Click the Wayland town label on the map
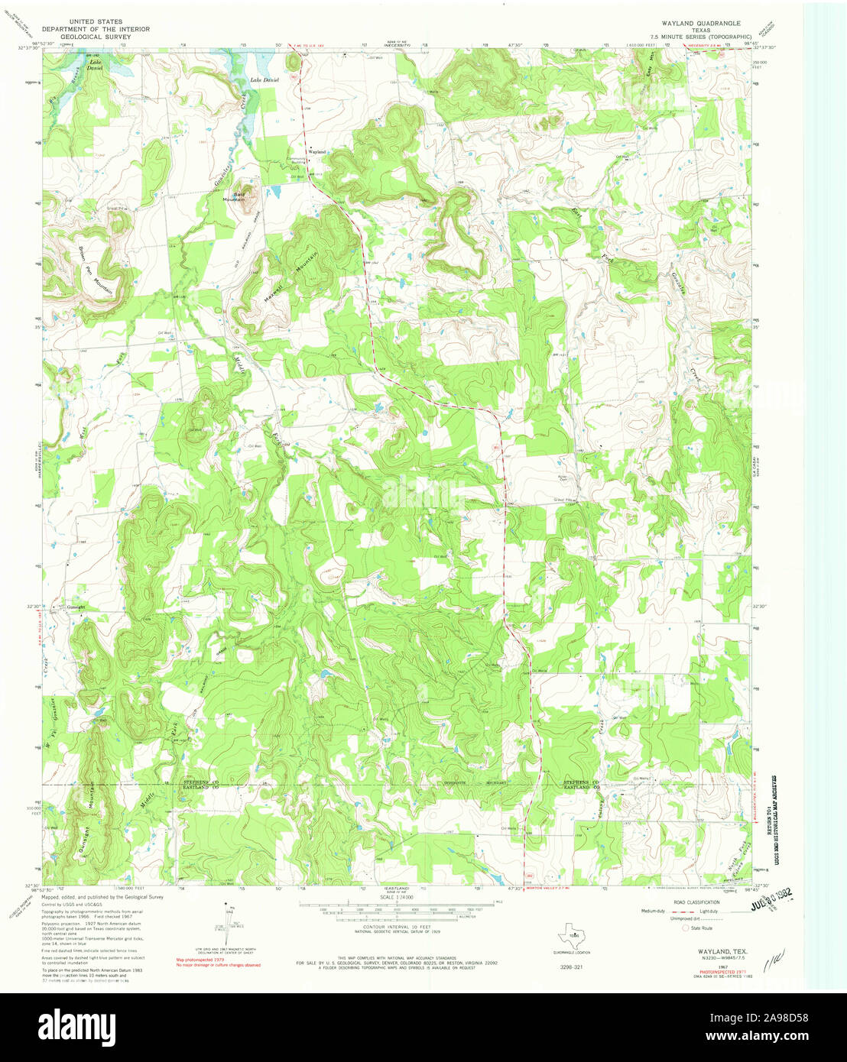317,152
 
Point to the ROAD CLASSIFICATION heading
686,902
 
